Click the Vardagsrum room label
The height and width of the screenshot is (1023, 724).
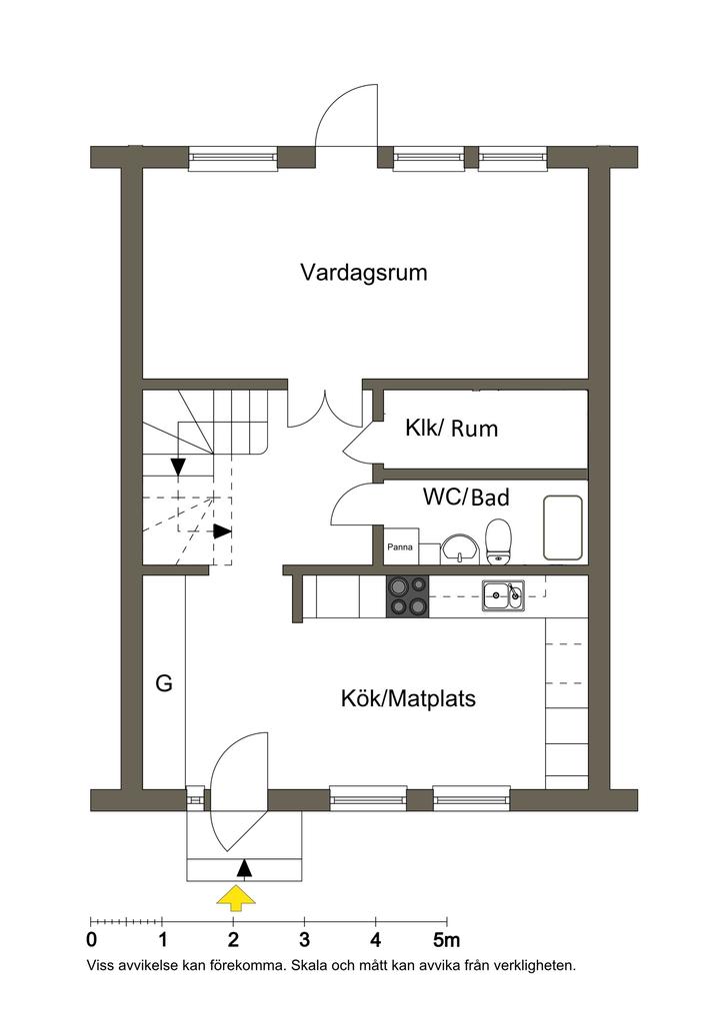point(364,273)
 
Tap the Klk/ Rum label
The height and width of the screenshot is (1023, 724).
point(451,430)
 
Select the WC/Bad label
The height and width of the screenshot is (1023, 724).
point(466,497)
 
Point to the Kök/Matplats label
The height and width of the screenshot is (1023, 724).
point(408,698)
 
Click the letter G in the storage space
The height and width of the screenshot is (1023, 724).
point(164,684)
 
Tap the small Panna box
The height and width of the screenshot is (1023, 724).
point(400,547)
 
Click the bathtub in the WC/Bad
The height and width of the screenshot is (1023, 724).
point(563,527)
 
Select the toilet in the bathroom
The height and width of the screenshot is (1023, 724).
point(498,541)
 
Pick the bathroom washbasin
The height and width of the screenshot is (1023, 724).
point(460,547)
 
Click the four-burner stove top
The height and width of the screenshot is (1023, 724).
point(407,596)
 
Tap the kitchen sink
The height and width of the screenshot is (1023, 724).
point(502,595)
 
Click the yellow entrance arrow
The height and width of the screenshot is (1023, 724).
point(236,898)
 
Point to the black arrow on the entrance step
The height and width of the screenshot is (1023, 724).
point(243,867)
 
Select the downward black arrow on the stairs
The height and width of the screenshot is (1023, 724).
point(178,466)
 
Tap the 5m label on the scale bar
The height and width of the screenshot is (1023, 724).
point(446,940)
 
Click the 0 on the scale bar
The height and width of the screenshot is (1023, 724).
point(92,940)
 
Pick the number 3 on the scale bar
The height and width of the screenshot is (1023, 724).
point(304,940)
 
